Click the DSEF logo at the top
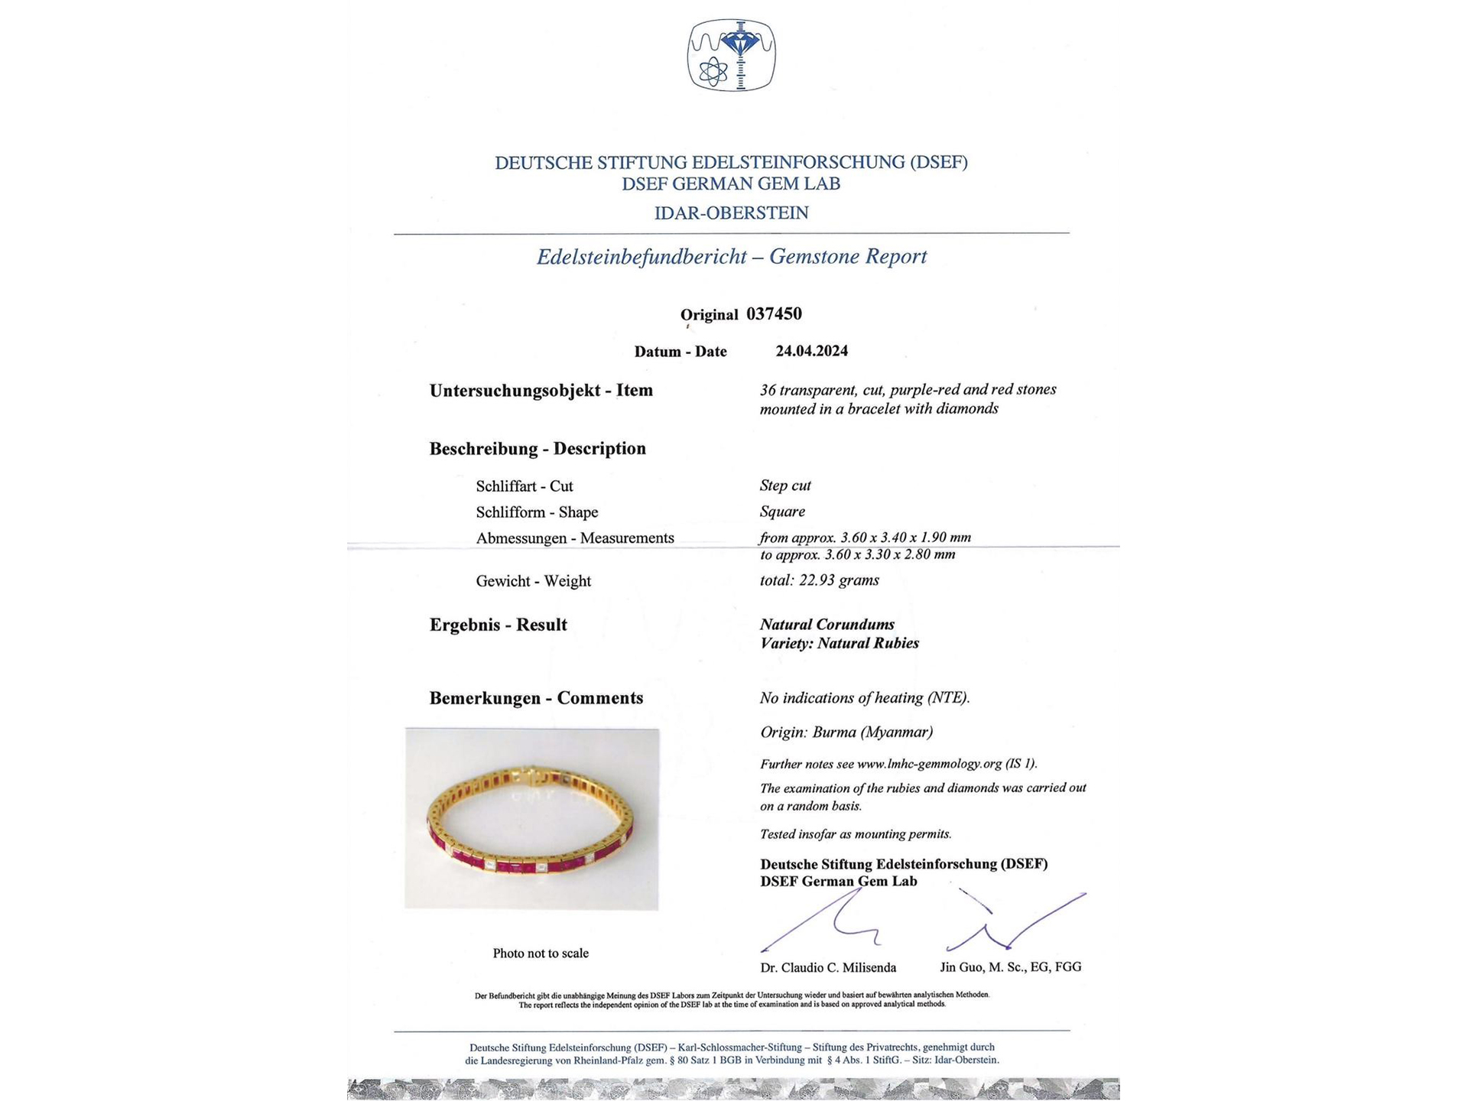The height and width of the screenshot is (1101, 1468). (732, 55)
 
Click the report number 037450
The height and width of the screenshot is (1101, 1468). (774, 313)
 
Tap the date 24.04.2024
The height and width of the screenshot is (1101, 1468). (811, 351)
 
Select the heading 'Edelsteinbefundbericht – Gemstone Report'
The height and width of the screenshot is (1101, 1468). (732, 256)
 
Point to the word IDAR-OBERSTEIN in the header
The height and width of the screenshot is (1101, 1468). (732, 213)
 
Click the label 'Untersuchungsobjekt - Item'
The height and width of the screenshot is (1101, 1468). (541, 390)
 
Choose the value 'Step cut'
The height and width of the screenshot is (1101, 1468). (785, 486)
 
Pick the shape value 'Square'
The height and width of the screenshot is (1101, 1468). (782, 512)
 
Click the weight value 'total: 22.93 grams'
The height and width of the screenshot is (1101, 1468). (819, 580)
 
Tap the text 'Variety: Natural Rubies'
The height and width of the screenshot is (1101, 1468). (839, 643)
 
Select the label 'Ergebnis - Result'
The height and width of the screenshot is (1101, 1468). (499, 625)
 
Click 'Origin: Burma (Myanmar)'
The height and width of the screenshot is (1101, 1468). (846, 732)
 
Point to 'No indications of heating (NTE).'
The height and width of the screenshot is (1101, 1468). (864, 697)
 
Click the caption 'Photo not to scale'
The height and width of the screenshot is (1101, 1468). (541, 953)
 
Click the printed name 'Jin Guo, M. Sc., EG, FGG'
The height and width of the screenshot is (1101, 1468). (1010, 967)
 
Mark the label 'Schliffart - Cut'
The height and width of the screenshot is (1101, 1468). (525, 486)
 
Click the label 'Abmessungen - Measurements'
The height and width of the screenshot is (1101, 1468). (575, 538)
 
